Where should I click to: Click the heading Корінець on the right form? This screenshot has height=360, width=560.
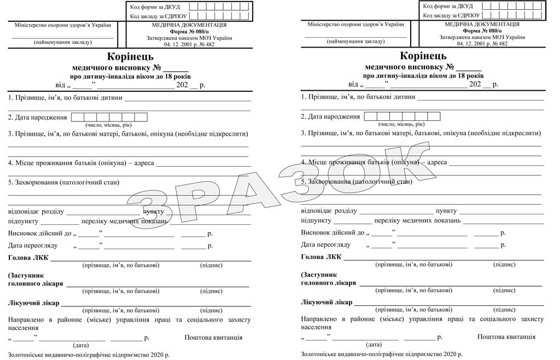coord(423,56)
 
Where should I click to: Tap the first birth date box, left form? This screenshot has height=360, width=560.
coord(77,117)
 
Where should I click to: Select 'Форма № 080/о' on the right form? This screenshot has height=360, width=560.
coord(482,31)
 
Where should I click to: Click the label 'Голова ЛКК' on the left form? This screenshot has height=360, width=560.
coord(28,257)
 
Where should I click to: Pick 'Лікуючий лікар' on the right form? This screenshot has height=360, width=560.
coord(326,302)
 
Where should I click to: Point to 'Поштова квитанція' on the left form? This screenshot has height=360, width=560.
coord(213,337)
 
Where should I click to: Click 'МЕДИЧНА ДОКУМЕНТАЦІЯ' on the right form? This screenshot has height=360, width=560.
coord(482,25)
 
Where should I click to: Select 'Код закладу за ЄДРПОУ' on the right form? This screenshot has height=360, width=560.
coord(451,16)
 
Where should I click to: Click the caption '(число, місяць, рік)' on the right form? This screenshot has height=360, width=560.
coord(401,125)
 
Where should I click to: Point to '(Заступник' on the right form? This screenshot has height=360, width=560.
coord(318,275)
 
